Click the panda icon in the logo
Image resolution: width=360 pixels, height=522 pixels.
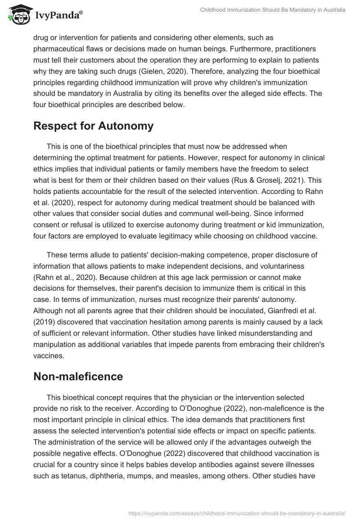pyautogui.click(x=17, y=15)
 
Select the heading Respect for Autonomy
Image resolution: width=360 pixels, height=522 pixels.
pyautogui.click(x=93, y=126)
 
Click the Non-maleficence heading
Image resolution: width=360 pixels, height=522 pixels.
pyautogui.click(x=78, y=377)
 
